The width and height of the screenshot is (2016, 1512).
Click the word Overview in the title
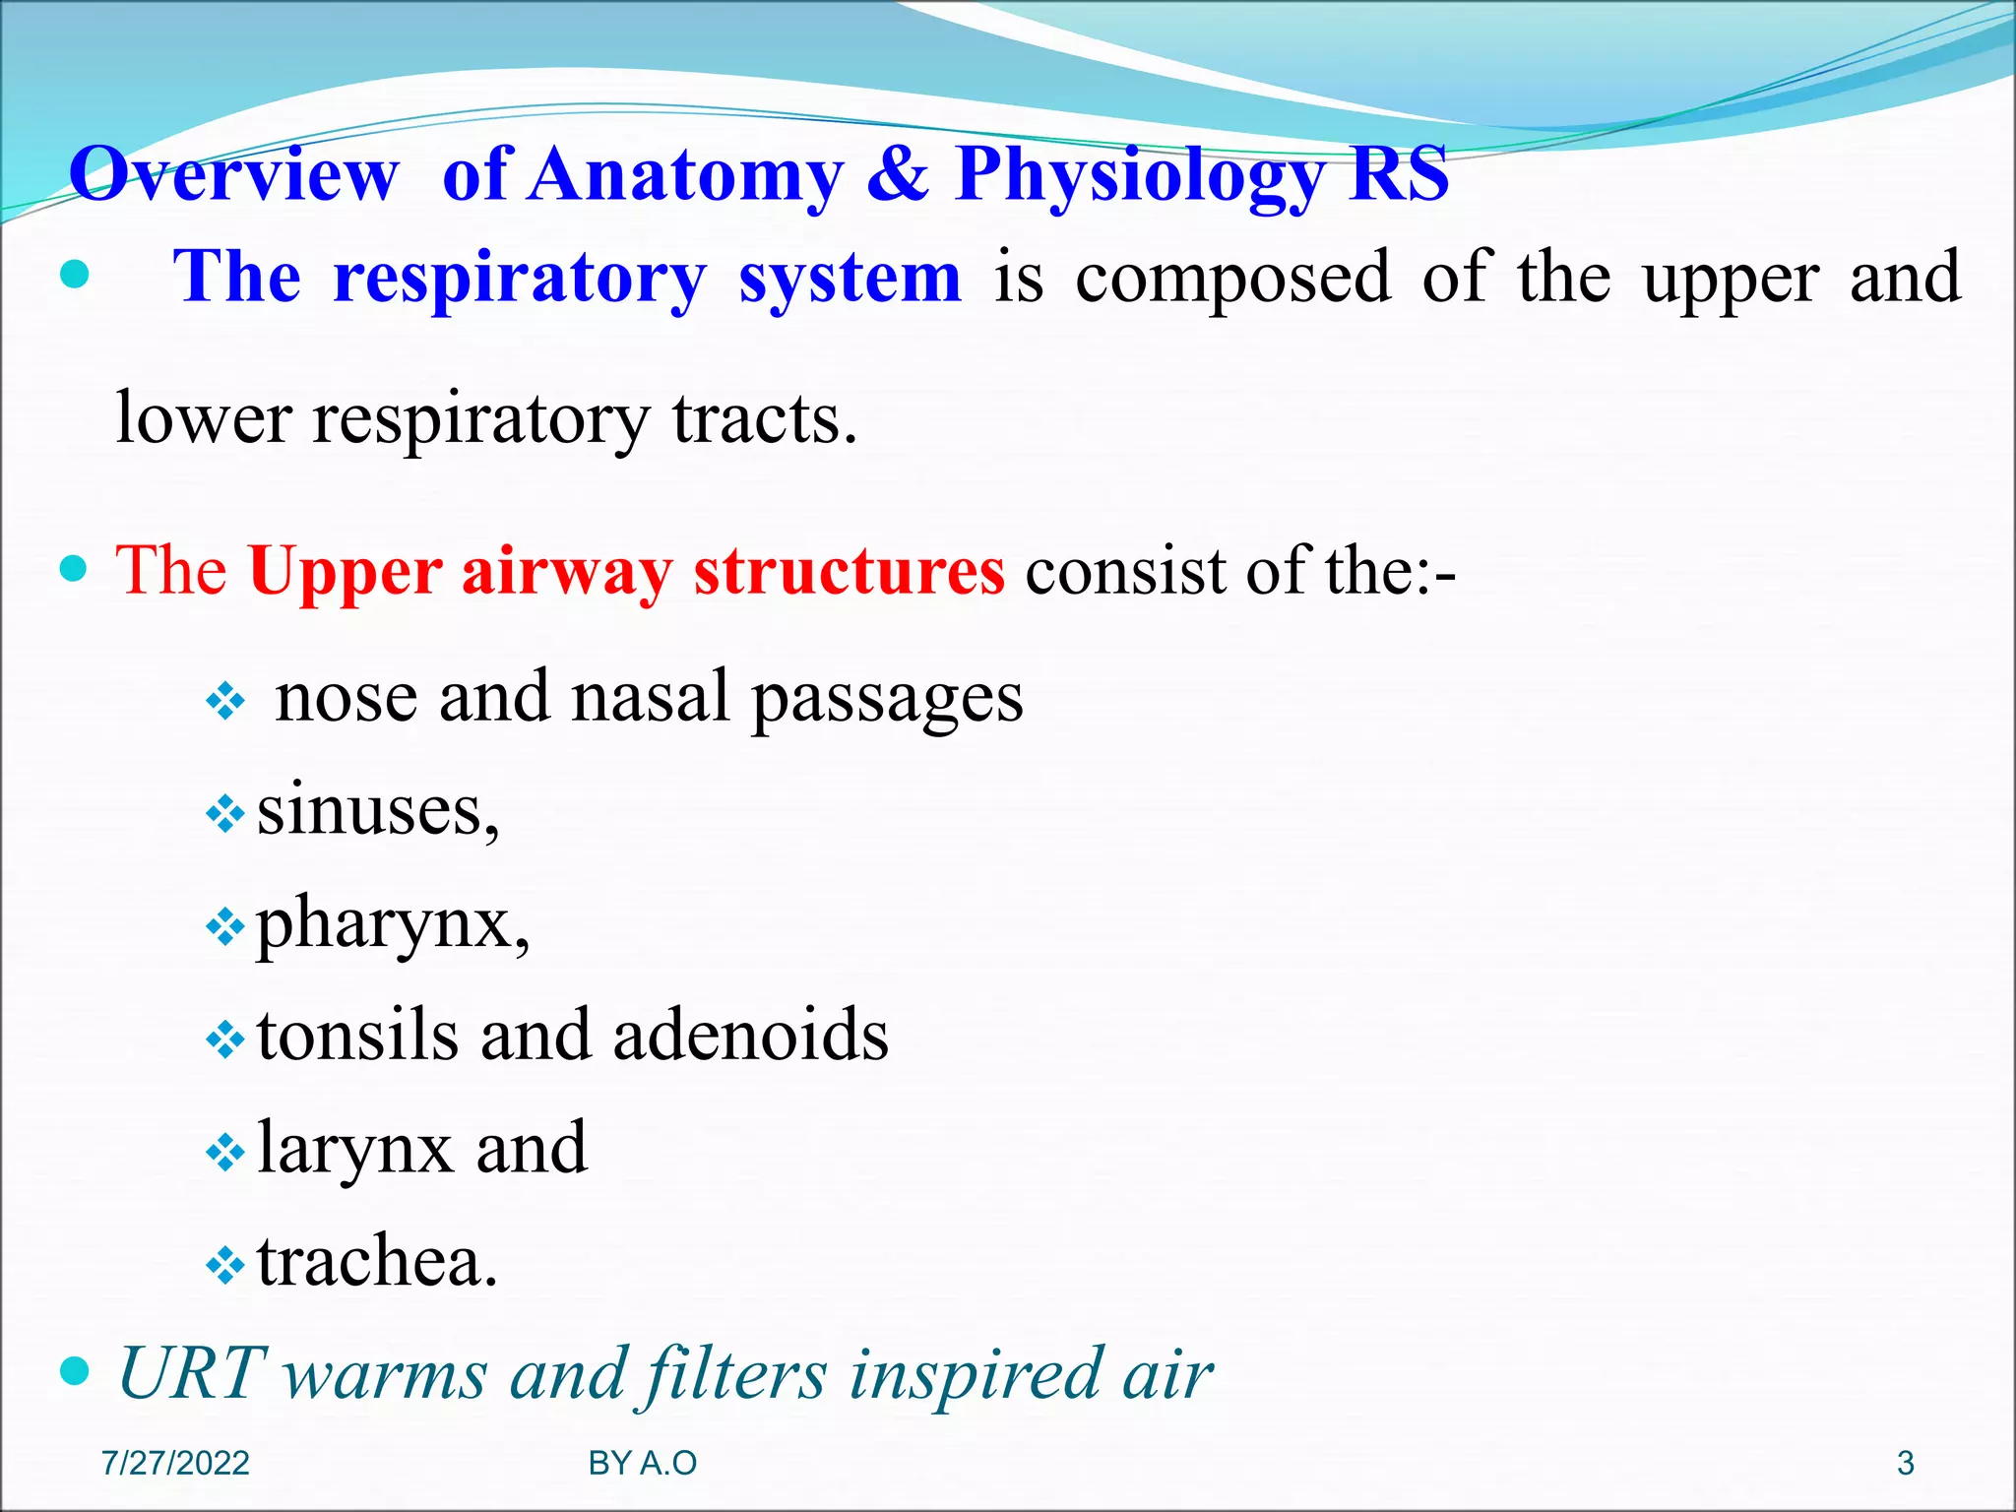(234, 174)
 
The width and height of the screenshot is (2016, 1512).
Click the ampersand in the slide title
(897, 174)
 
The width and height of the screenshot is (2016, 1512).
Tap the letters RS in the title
(1399, 174)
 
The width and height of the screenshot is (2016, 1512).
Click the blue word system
(850, 278)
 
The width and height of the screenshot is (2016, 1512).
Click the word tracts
(765, 418)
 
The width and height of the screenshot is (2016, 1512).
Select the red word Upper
(346, 572)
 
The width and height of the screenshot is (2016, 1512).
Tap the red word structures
(850, 570)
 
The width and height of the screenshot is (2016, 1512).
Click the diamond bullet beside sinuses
(225, 814)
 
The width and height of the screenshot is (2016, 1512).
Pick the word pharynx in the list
(392, 925)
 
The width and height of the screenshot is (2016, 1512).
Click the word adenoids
(750, 1036)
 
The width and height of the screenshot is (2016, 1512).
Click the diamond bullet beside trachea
(225, 1265)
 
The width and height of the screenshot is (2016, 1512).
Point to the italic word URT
(191, 1373)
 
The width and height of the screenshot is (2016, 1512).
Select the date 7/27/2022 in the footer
(175, 1464)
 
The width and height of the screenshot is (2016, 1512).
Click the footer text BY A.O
(642, 1464)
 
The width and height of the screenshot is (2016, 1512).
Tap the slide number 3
(1905, 1464)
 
